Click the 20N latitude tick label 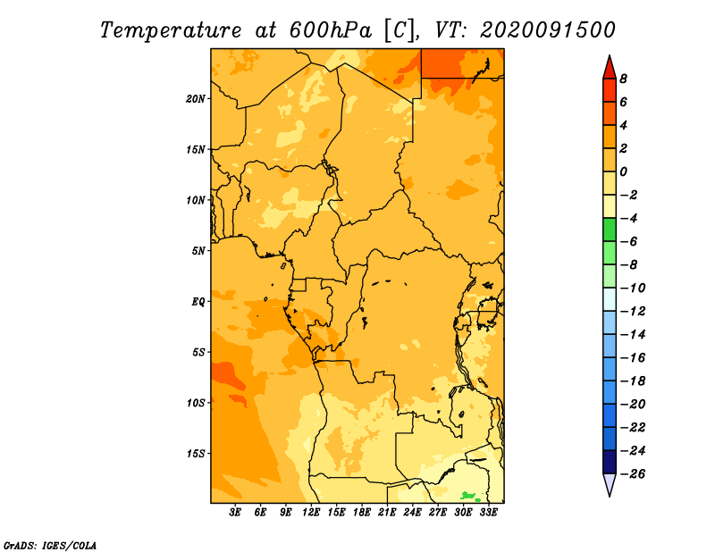pyautogui.click(x=195, y=99)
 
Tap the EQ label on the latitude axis pyautogui.click(x=198, y=302)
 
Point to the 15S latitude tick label pyautogui.click(x=196, y=454)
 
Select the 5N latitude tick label pyautogui.click(x=198, y=251)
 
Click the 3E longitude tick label pyautogui.click(x=235, y=513)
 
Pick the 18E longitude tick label pyautogui.click(x=362, y=513)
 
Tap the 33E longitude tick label pyautogui.click(x=488, y=513)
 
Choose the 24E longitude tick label pyautogui.click(x=412, y=513)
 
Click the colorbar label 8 pyautogui.click(x=623, y=79)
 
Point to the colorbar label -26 pyautogui.click(x=633, y=474)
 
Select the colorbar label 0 pyautogui.click(x=623, y=171)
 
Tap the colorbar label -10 pyautogui.click(x=633, y=289)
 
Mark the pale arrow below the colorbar pyautogui.click(x=610, y=483)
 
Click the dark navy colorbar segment pyautogui.click(x=610, y=462)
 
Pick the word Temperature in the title pyautogui.click(x=170, y=30)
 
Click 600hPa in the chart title pyautogui.click(x=330, y=30)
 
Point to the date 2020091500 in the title pyautogui.click(x=548, y=30)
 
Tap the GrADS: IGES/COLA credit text pyautogui.click(x=50, y=546)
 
